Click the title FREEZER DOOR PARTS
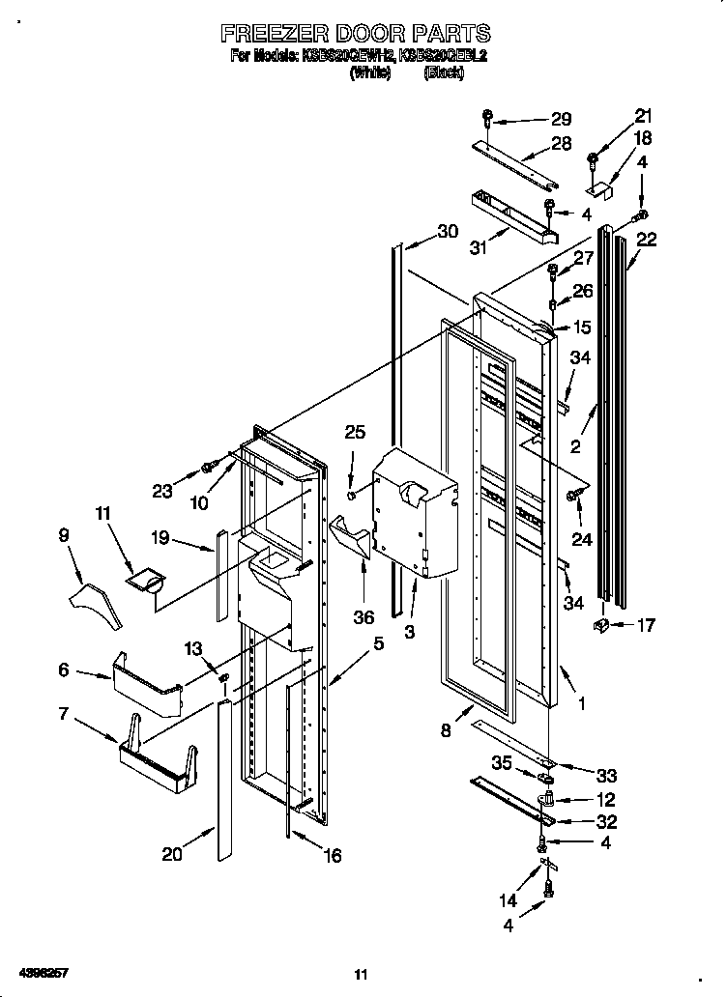click(355, 35)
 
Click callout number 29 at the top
click(561, 120)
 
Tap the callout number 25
click(355, 432)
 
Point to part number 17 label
click(645, 625)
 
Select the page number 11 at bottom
click(362, 973)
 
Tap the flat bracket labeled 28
click(517, 160)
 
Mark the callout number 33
click(607, 776)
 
